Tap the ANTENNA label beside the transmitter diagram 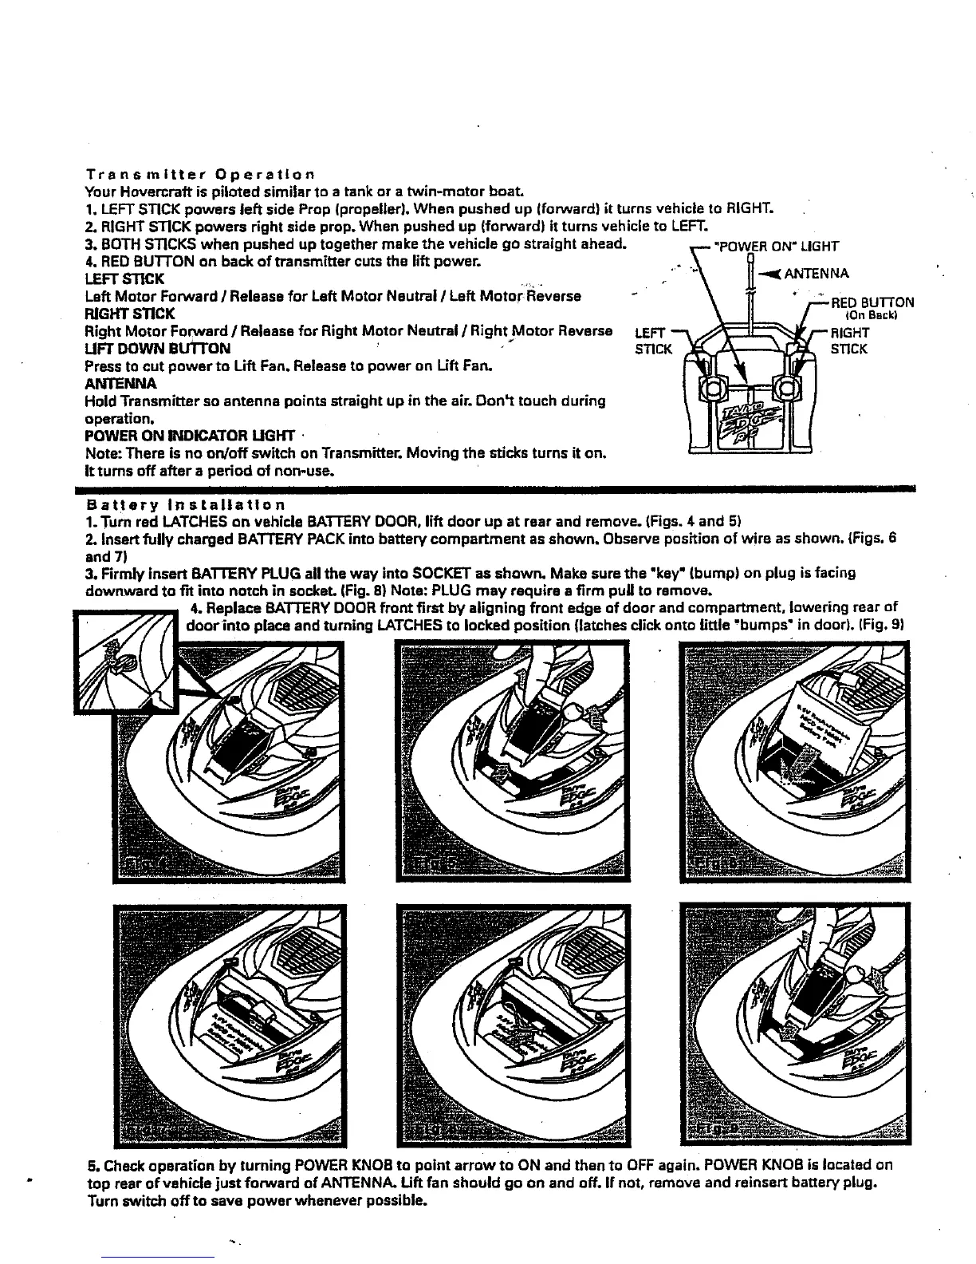point(817,275)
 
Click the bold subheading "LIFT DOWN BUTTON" point(158,348)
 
